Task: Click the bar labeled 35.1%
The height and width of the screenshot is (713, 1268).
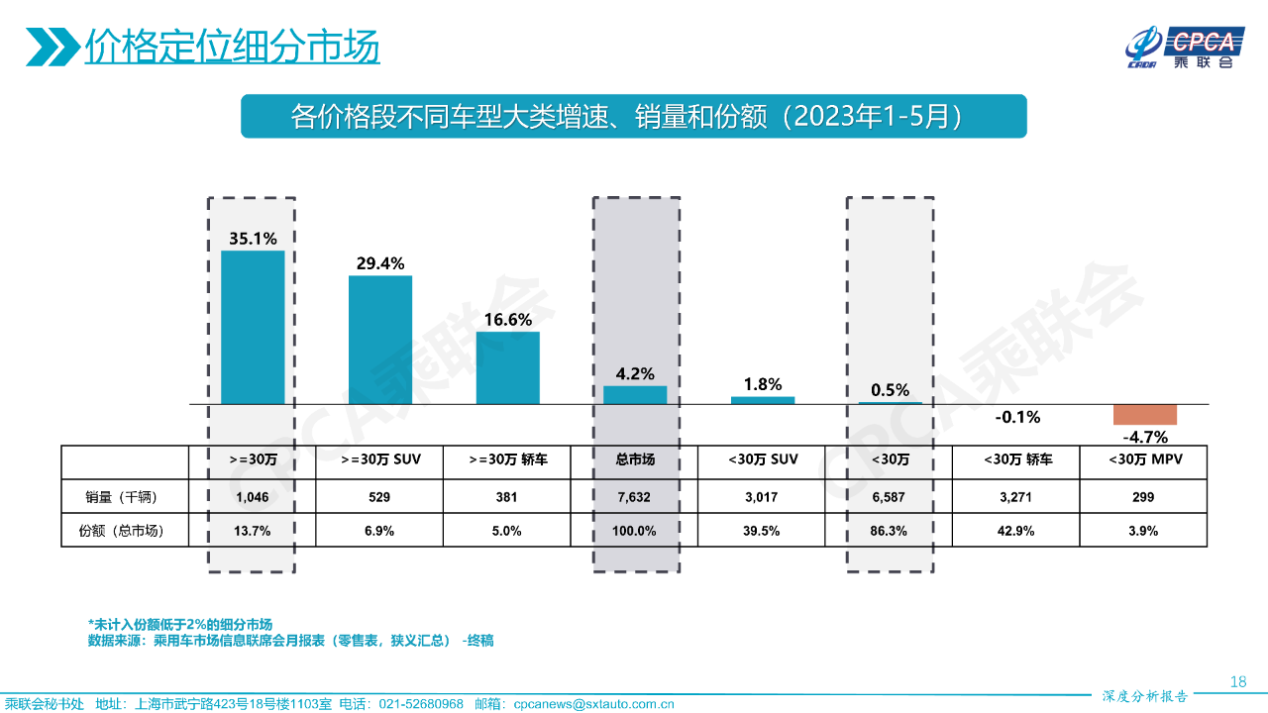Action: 253,327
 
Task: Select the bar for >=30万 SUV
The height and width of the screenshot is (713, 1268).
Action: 380,340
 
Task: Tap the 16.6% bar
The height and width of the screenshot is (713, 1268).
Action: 508,367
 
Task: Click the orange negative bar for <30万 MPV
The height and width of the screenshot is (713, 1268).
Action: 1144,414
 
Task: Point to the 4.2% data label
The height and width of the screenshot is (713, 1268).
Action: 635,373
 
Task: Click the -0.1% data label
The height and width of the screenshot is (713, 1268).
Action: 1017,417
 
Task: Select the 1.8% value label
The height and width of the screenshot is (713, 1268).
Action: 763,384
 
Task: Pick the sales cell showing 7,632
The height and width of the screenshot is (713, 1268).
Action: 635,496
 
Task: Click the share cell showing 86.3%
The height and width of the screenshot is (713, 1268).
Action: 889,530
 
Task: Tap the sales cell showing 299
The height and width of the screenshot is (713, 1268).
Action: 1144,496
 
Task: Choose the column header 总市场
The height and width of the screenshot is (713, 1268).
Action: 635,460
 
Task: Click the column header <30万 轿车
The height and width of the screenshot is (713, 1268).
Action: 1016,460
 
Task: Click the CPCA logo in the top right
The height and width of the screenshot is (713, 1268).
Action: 1184,48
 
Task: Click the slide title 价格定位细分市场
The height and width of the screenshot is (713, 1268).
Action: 232,48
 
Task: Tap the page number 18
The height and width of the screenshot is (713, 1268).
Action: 1237,681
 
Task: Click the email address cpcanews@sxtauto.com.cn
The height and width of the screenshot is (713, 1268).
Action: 593,704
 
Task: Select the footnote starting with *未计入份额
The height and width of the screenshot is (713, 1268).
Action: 179,624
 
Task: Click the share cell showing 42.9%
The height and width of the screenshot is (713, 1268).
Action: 1016,530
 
